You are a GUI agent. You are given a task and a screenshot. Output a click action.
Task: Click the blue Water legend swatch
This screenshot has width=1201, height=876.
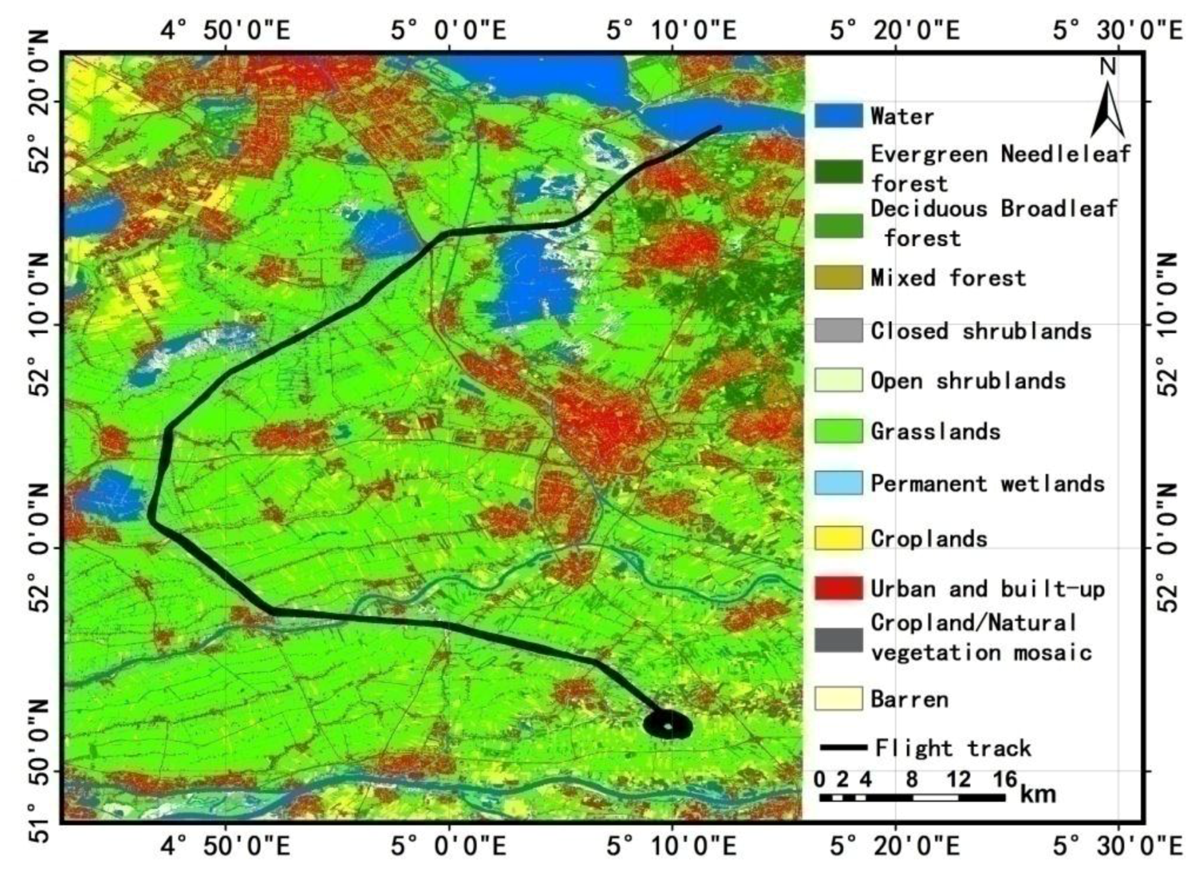[x=838, y=115]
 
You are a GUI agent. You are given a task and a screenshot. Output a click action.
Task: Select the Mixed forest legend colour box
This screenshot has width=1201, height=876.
[x=838, y=277]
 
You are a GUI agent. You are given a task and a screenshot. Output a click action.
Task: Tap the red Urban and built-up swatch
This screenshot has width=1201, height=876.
[x=838, y=588]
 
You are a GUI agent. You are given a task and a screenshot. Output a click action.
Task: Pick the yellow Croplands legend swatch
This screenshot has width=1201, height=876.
[x=838, y=538]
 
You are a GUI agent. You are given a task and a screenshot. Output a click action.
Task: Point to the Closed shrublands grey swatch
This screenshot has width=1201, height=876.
[x=838, y=330]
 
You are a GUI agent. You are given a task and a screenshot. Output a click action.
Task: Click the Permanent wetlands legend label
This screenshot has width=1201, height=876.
[x=987, y=483]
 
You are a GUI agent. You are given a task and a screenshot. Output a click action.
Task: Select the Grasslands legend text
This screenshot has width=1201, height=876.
[x=935, y=431]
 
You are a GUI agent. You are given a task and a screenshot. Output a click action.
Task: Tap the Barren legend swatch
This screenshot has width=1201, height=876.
[x=838, y=699]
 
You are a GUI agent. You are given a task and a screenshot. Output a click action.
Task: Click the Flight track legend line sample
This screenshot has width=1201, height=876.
[x=844, y=747]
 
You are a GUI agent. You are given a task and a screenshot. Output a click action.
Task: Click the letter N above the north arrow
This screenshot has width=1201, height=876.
[x=1108, y=66]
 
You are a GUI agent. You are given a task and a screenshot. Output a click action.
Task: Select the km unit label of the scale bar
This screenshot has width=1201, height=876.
[x=1038, y=794]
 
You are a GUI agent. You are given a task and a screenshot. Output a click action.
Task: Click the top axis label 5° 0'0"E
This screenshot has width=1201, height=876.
[x=449, y=29]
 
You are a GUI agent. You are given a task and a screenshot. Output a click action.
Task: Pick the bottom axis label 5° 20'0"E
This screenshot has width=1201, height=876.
[x=895, y=847]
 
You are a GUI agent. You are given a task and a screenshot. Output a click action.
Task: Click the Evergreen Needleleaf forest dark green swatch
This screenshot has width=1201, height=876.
[x=838, y=171]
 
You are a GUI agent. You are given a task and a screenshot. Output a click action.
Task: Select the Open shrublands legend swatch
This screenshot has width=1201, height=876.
[x=838, y=380]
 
